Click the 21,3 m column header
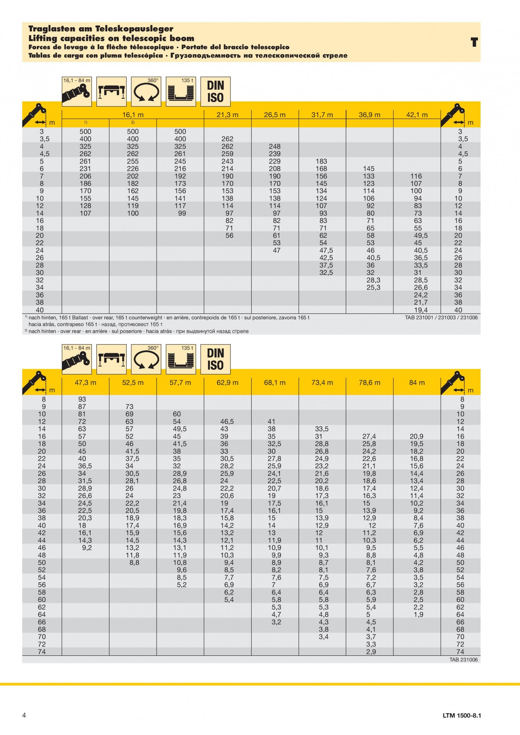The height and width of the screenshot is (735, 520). pos(227,115)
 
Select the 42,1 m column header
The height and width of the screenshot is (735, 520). pos(417,115)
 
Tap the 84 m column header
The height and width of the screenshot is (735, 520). pos(417,382)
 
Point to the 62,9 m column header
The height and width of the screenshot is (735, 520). pos(227,382)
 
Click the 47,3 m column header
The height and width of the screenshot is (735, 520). pos(85,382)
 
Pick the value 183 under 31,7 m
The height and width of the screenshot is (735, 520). pos(321,162)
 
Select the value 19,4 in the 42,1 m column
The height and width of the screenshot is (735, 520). pos(420,310)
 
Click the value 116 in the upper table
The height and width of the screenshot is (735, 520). pos(416,176)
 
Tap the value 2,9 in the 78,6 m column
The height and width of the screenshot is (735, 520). pos(371,652)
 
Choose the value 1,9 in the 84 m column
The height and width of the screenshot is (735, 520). pos(419,614)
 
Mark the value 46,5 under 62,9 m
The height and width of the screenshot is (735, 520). pos(227,421)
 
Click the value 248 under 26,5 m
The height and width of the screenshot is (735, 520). pos(275,147)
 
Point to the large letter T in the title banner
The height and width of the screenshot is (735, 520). pos(474,42)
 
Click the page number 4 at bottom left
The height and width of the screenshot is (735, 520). pos(24,715)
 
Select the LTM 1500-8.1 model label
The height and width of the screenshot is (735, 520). pos(462,715)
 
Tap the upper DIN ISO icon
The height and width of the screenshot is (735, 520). pos(216,91)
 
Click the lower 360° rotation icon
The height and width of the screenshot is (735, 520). pos(146,359)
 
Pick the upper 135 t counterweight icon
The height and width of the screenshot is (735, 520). pos(181,91)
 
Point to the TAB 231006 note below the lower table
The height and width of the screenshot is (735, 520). pos(463,660)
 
